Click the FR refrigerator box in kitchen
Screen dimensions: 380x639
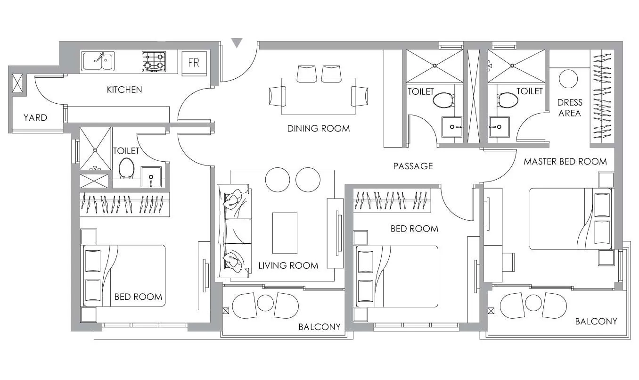point(194,63)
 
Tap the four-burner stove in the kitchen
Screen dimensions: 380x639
point(154,61)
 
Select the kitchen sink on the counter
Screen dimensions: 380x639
point(98,61)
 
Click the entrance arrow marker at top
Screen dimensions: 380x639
point(237,43)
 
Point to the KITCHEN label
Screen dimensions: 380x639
point(124,90)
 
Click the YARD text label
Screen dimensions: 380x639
point(35,117)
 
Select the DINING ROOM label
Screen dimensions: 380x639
point(319,128)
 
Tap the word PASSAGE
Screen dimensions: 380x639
point(413,166)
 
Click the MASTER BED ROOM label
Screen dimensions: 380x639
point(565,162)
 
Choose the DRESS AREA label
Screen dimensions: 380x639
point(569,107)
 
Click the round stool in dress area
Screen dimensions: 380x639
point(568,79)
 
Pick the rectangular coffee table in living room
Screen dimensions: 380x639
point(285,233)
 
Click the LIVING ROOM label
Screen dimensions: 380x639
point(288,265)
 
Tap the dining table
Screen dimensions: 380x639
point(318,96)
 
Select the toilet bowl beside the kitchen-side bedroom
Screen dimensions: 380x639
point(126,168)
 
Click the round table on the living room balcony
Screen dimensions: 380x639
point(265,303)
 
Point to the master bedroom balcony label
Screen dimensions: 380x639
point(596,322)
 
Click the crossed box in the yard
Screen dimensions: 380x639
point(17,83)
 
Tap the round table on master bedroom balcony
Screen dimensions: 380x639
point(533,303)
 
